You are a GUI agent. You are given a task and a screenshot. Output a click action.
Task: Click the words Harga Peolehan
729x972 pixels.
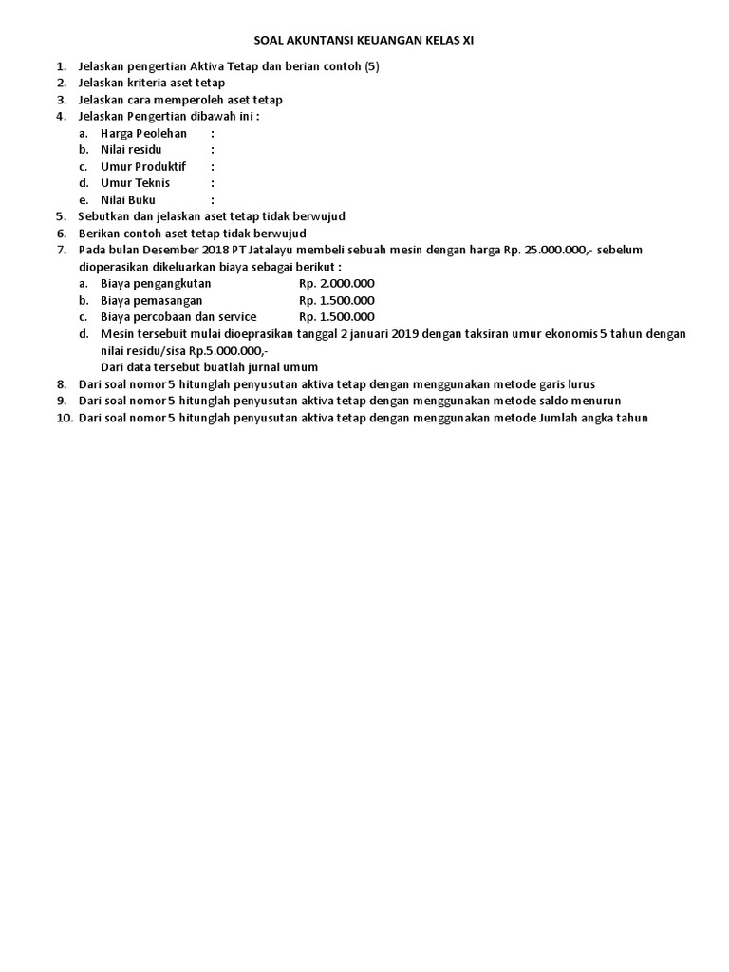coord(143,133)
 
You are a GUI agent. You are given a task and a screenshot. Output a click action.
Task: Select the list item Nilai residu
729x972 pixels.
coord(131,150)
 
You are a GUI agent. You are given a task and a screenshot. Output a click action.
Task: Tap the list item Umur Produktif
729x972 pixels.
coord(143,166)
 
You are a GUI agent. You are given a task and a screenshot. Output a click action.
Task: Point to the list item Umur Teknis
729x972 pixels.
coord(135,183)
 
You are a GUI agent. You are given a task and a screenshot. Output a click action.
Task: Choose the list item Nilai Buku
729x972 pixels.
coord(128,200)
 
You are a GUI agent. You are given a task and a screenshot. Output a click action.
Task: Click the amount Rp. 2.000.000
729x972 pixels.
coord(337,283)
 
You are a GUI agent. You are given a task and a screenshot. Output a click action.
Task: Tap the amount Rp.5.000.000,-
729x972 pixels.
coord(229,350)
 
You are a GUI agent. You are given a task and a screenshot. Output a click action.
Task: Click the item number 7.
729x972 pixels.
coord(61,250)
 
